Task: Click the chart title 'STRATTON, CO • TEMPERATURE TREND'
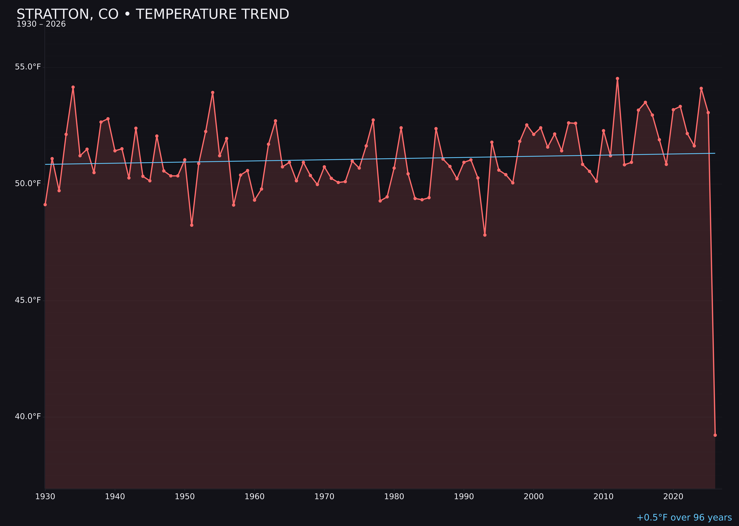pyautogui.click(x=153, y=14)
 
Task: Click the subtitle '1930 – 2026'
pyautogui.click(x=41, y=24)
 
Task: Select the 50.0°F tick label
pyautogui.click(x=28, y=184)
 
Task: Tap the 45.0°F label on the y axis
pyautogui.click(x=28, y=300)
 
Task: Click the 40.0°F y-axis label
pyautogui.click(x=28, y=417)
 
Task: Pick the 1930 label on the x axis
pyautogui.click(x=45, y=497)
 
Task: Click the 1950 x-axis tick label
pyautogui.click(x=185, y=497)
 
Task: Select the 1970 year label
pyautogui.click(x=324, y=497)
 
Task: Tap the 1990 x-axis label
pyautogui.click(x=464, y=497)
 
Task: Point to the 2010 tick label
pyautogui.click(x=603, y=497)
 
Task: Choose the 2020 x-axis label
pyautogui.click(x=673, y=497)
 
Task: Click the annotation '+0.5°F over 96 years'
pyautogui.click(x=684, y=517)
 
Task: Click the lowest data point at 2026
pyautogui.click(x=715, y=435)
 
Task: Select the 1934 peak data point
pyautogui.click(x=73, y=87)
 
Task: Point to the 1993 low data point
pyautogui.click(x=485, y=235)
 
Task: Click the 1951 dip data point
pyautogui.click(x=192, y=225)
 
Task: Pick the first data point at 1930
pyautogui.click(x=45, y=205)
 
